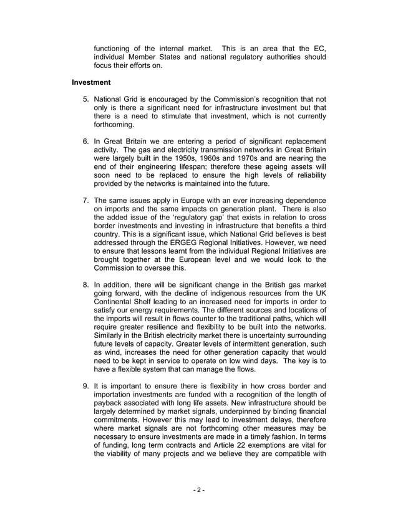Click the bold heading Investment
click(x=91, y=82)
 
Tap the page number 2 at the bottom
click(x=198, y=489)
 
